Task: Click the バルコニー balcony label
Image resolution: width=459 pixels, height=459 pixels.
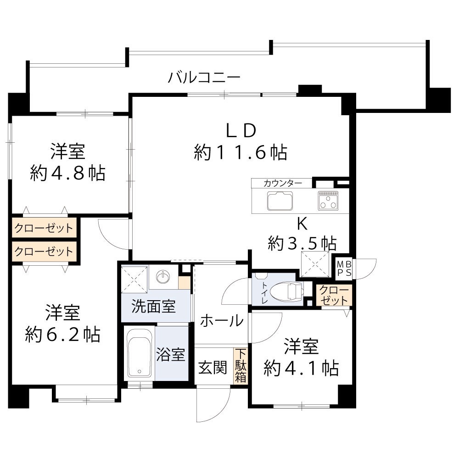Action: coord(204,78)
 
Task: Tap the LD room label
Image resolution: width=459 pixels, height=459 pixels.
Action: coord(241,130)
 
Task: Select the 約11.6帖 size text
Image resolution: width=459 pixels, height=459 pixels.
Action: coord(241,152)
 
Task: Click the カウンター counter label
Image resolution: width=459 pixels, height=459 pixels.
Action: coord(282,183)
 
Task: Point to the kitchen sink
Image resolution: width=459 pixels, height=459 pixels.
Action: coord(280,201)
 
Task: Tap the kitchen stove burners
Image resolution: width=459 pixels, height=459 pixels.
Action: coord(328,201)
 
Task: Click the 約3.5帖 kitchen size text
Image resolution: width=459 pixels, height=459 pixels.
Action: coord(302,243)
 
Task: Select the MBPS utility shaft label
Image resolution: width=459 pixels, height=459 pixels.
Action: coord(344,269)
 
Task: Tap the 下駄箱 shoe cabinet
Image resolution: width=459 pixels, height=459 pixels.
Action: coord(241,366)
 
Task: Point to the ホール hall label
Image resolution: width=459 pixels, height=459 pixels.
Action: coord(222,320)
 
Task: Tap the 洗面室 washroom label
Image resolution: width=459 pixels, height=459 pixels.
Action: coord(153,306)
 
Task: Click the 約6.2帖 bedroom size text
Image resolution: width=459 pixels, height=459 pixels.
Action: coord(62,335)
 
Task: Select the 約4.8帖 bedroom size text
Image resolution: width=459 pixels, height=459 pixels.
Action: coord(67,173)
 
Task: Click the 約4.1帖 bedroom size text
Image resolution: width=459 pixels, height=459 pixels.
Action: coord(301,368)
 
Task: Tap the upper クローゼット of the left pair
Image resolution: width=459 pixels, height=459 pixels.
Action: coord(44,228)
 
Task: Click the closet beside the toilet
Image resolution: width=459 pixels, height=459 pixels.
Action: coord(334,295)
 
